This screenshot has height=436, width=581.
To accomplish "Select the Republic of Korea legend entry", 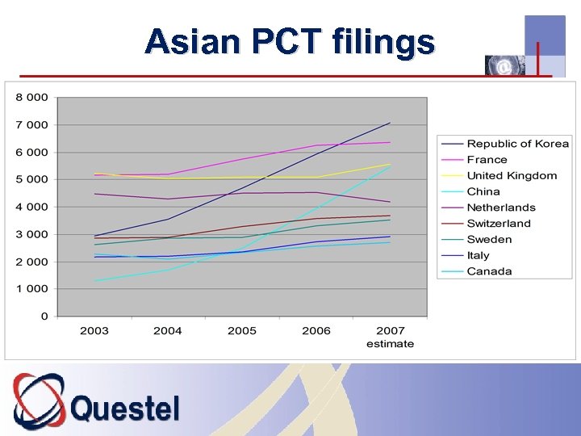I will pyautogui.click(x=517, y=144).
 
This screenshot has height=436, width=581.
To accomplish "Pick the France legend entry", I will pyautogui.click(x=487, y=160).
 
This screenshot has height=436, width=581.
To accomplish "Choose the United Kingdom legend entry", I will pyautogui.click(x=512, y=176).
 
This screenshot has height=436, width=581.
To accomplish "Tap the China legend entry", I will pyautogui.click(x=483, y=191).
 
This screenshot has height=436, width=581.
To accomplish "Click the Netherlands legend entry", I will pyautogui.click(x=501, y=208).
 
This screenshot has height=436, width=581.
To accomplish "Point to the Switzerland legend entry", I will pyautogui.click(x=499, y=224).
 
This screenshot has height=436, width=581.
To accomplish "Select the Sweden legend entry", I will pyautogui.click(x=489, y=240).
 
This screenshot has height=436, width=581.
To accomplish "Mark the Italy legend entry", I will pyautogui.click(x=478, y=255).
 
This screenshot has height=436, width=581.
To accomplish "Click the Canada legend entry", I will pyautogui.click(x=489, y=271).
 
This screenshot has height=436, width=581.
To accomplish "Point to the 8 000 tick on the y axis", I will pyautogui.click(x=32, y=98).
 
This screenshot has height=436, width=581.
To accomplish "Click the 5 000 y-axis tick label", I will pyautogui.click(x=32, y=179).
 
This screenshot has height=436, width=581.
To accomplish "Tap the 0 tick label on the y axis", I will pyautogui.click(x=44, y=317).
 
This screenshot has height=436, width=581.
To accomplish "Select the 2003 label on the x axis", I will pyautogui.click(x=94, y=331).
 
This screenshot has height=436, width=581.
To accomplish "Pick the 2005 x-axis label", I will pyautogui.click(x=242, y=331).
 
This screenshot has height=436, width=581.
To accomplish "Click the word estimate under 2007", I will pyautogui.click(x=390, y=344).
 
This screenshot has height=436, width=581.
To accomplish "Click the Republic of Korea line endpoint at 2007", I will pyautogui.click(x=390, y=123).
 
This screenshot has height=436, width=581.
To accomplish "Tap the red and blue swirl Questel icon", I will pyautogui.click(x=39, y=400).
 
